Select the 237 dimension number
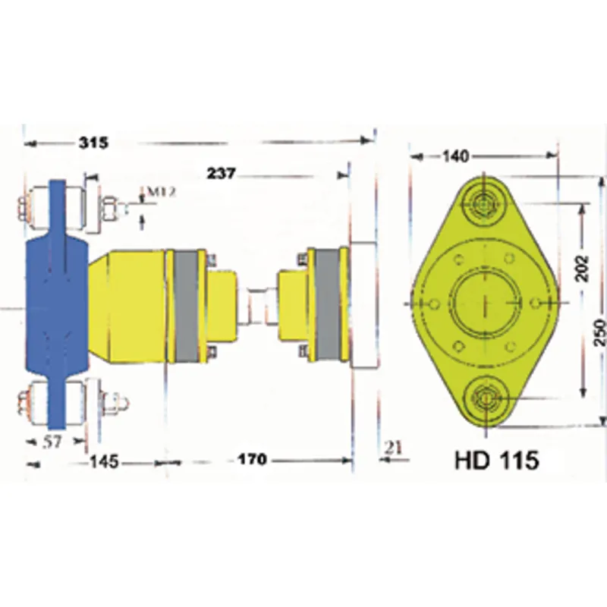tap(221, 174)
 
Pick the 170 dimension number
tap(252, 461)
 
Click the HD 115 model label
tap(497, 461)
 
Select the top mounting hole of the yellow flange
tap(483, 203)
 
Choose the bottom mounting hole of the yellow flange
tap(485, 398)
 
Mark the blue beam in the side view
tap(58, 303)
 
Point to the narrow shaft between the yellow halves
tap(259, 305)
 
